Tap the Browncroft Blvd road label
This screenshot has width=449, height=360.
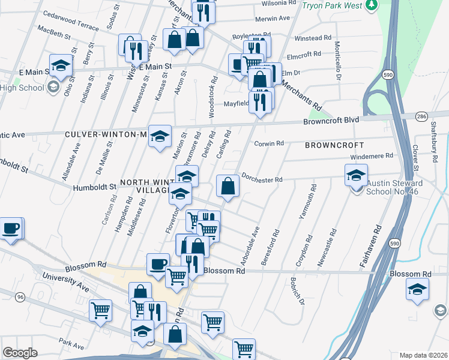331,120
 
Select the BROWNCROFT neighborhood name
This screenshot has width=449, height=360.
334,145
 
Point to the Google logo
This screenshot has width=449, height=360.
19,353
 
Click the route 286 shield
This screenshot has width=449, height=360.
421,116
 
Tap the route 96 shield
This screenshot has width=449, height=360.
20,297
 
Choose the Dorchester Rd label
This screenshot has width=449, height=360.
262,179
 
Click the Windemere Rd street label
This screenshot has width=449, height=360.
372,155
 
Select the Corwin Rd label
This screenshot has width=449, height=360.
268,143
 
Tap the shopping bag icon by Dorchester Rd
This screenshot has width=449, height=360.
228,185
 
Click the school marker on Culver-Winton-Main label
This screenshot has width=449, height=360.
160,136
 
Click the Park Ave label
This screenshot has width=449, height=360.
71,345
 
